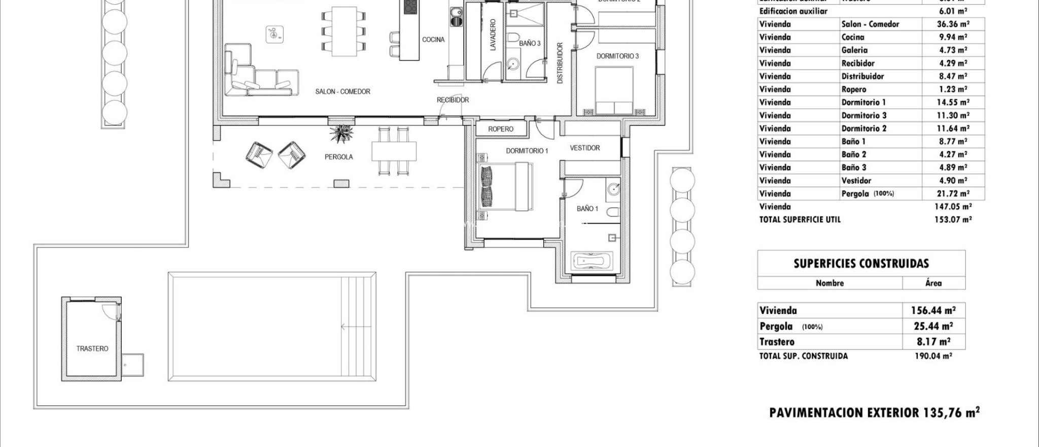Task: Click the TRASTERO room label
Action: click(92, 349)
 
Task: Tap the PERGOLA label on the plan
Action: click(338, 157)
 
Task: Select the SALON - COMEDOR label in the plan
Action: click(342, 91)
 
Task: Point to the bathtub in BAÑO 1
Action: click(591, 262)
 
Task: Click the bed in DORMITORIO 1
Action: click(506, 186)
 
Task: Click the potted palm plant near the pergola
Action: click(341, 134)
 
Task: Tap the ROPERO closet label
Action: click(501, 129)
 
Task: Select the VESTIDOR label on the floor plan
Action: click(584, 148)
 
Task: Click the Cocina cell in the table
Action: click(852, 37)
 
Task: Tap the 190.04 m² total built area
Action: click(933, 356)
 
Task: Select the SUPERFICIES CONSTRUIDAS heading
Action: click(861, 264)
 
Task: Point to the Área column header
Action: click(933, 283)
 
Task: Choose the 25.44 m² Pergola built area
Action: click(933, 326)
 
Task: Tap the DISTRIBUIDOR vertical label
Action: click(560, 63)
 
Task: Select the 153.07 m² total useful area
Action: click(953, 219)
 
